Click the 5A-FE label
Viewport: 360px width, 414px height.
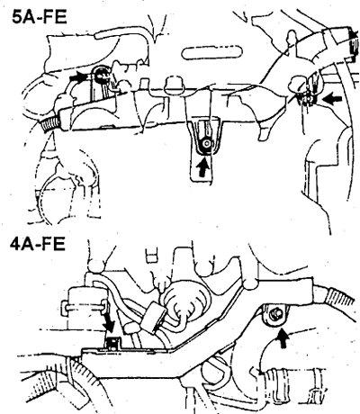pyautogui.click(x=39, y=17)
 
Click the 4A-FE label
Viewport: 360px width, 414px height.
pyautogui.click(x=38, y=244)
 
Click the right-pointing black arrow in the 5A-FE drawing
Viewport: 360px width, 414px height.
pyautogui.click(x=78, y=78)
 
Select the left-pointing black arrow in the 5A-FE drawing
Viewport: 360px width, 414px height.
pyautogui.click(x=333, y=99)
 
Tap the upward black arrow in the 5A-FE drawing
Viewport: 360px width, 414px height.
pyautogui.click(x=203, y=167)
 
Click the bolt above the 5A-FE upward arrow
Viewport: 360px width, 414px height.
pyautogui.click(x=206, y=144)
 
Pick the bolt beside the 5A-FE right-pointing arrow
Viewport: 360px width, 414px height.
pyautogui.click(x=100, y=76)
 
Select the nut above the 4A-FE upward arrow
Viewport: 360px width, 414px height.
pyautogui.click(x=275, y=314)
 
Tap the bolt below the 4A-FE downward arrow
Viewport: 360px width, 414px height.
pyautogui.click(x=113, y=343)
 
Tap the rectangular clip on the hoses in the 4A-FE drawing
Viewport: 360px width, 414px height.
pyautogui.click(x=155, y=318)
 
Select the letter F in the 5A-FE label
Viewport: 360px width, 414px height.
pyautogui.click(x=48, y=17)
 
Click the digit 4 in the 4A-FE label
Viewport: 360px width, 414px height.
pyautogui.click(x=15, y=244)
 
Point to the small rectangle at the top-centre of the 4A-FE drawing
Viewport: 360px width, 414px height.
pyautogui.click(x=151, y=256)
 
